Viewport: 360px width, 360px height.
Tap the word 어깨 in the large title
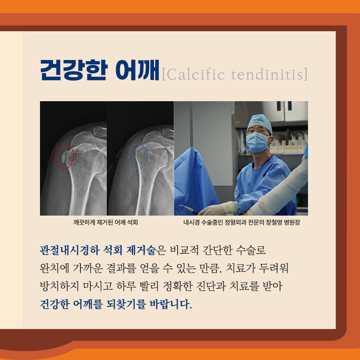137,70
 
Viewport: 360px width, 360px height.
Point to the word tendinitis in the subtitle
268,74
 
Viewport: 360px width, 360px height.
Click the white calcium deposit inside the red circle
63,156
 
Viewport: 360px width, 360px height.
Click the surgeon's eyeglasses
258,131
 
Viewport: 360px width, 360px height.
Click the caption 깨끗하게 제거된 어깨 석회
105,222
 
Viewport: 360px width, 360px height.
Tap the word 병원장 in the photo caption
292,222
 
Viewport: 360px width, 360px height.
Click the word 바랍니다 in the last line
170,304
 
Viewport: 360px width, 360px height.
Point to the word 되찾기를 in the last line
126,304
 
